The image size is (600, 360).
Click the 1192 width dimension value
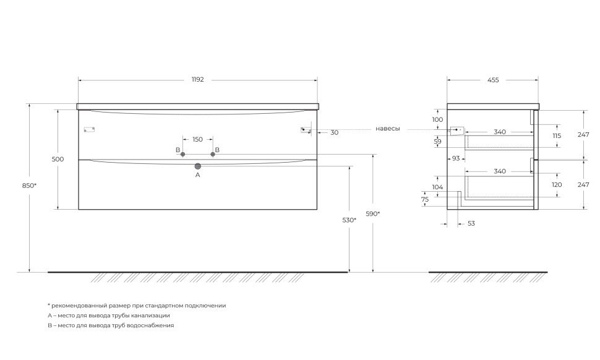pyautogui.click(x=197, y=80)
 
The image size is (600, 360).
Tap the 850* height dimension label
pyautogui.click(x=30, y=186)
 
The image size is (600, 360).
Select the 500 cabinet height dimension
pyautogui.click(x=58, y=159)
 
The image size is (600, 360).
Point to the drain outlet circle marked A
pyautogui.click(x=198, y=166)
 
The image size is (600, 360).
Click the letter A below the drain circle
pyautogui.click(x=198, y=175)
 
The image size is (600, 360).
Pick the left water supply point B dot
pyautogui.click(x=182, y=154)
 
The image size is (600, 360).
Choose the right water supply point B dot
pyautogui.click(x=213, y=154)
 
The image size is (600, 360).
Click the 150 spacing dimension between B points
pyautogui.click(x=197, y=139)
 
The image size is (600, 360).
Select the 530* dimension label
pyautogui.click(x=349, y=220)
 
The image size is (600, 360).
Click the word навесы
pyautogui.click(x=388, y=129)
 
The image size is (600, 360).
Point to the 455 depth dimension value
pyautogui.click(x=493, y=80)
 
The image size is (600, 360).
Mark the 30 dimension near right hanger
pyautogui.click(x=334, y=132)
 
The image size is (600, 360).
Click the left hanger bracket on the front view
pyautogui.click(x=89, y=129)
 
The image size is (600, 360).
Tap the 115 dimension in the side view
pyautogui.click(x=556, y=135)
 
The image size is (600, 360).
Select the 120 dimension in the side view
pyautogui.click(x=556, y=185)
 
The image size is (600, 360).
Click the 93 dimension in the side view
pyautogui.click(x=456, y=158)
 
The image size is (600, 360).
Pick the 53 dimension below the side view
pyautogui.click(x=471, y=223)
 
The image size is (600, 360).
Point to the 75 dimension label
pyautogui.click(x=425, y=199)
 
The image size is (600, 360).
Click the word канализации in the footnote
pyautogui.click(x=148, y=315)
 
